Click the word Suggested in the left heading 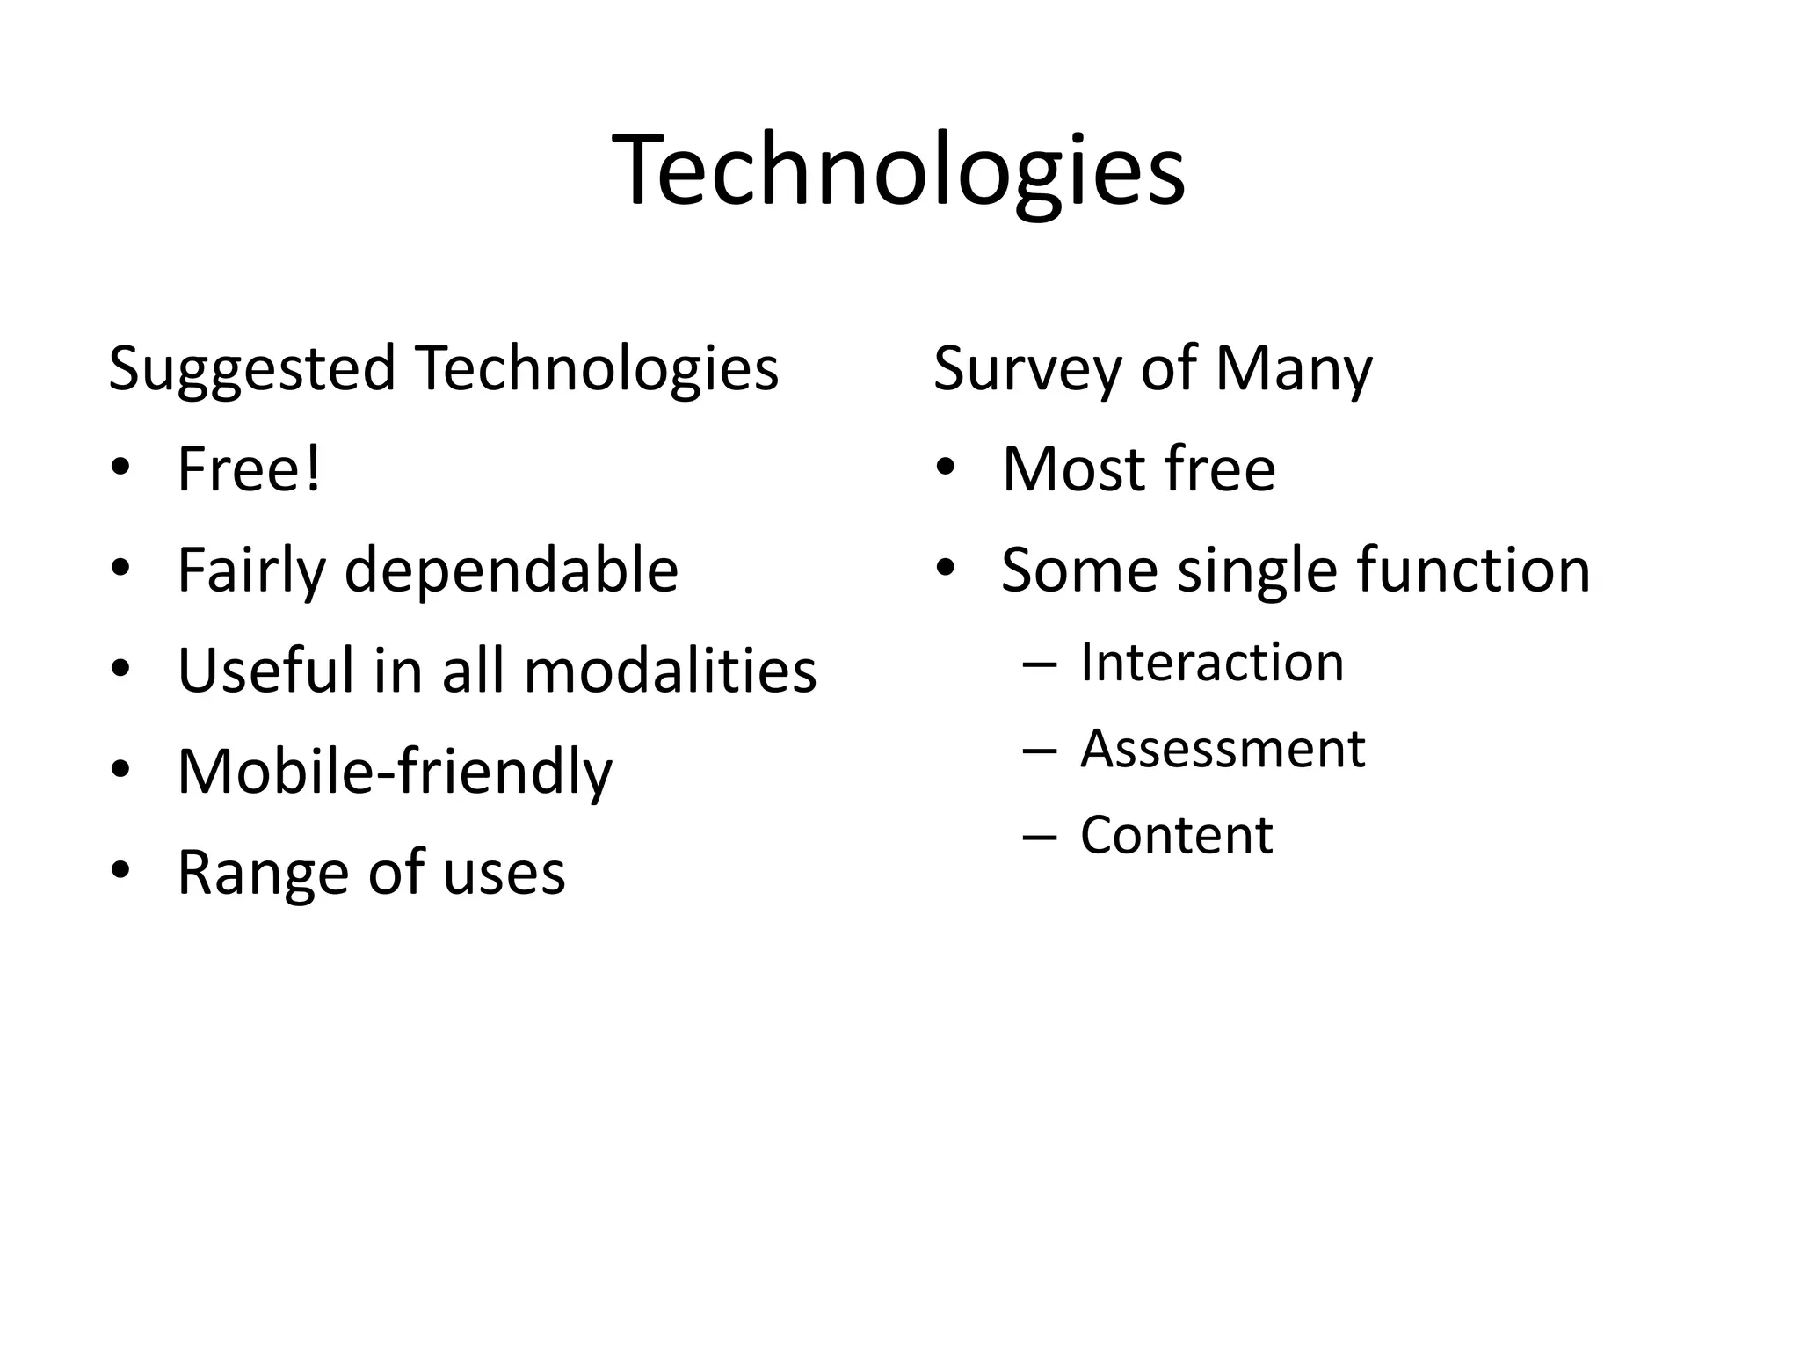point(251,369)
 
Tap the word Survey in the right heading point(1029,369)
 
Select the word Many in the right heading point(1293,369)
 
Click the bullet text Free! point(249,469)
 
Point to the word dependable point(511,570)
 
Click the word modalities point(670,671)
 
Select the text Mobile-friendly point(395,772)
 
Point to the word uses point(504,873)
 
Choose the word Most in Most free point(1071,469)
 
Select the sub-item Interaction point(1212,662)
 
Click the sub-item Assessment point(1223,749)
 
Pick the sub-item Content point(1176,835)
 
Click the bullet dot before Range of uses point(121,871)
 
